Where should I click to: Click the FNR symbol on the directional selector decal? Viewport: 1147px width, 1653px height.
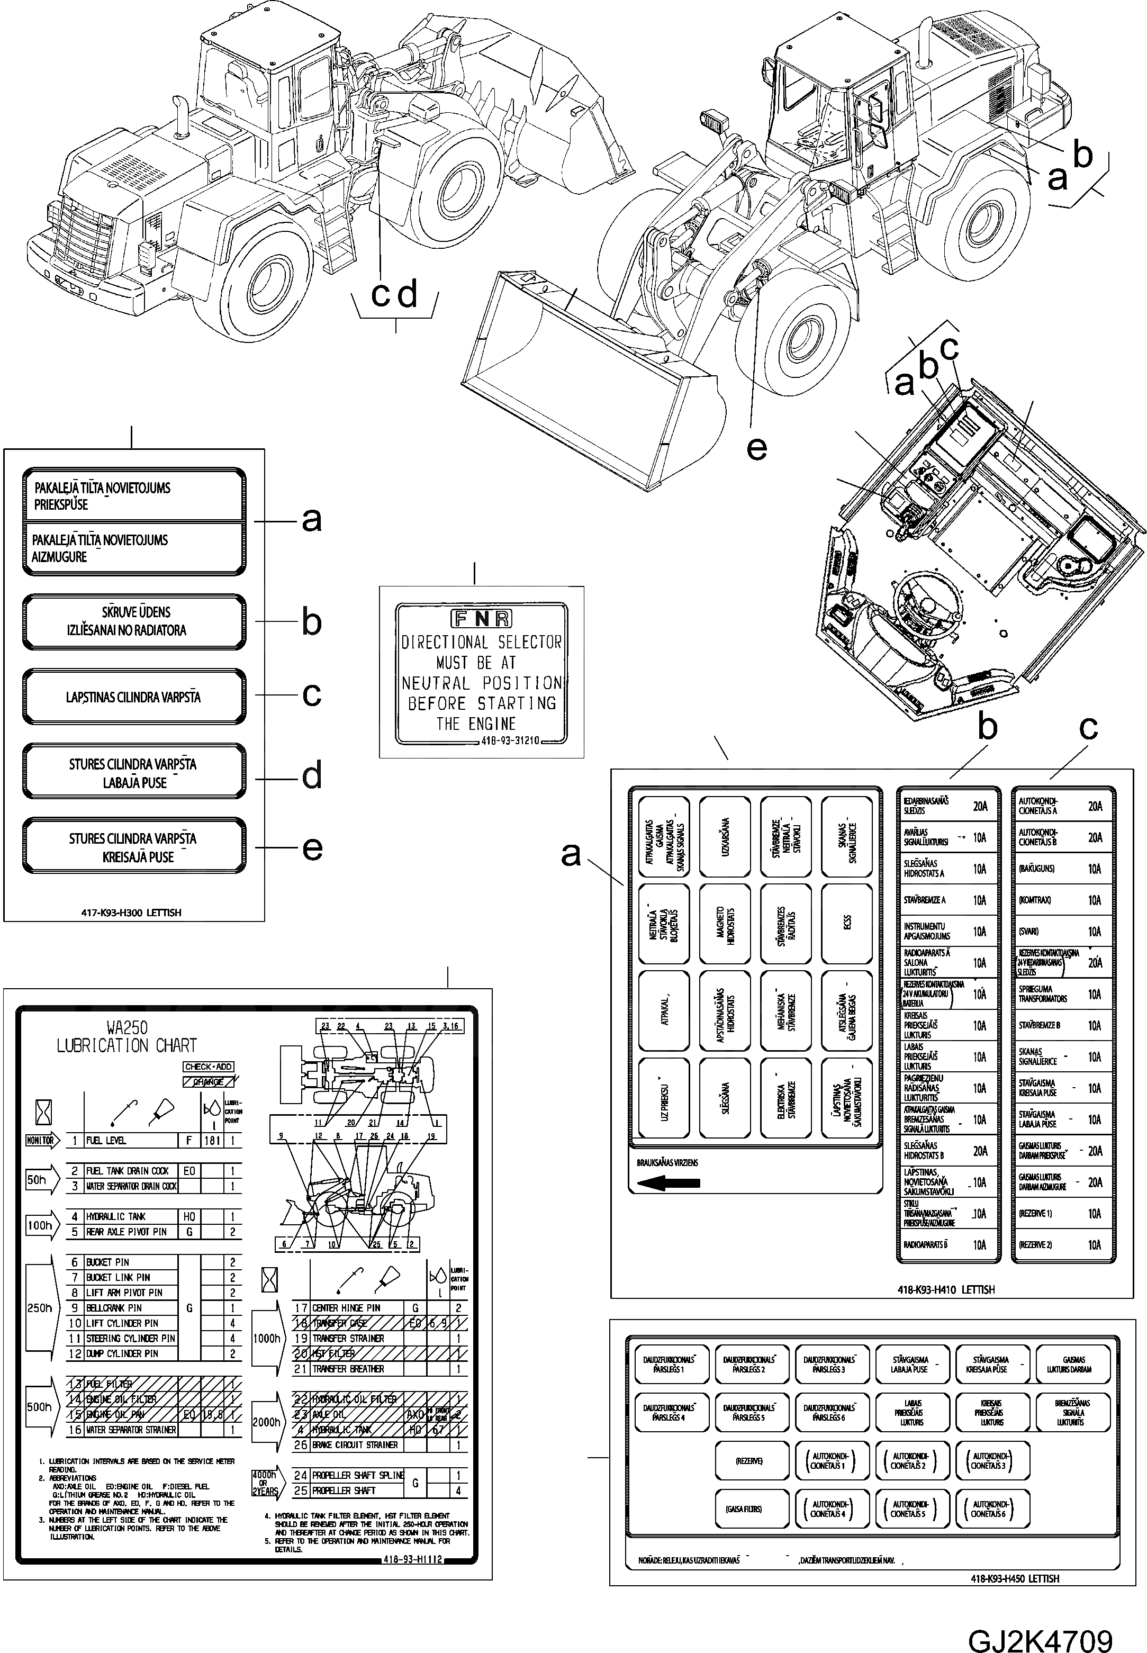coord(481,619)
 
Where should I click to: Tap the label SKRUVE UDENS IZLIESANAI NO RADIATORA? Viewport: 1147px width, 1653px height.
coord(134,621)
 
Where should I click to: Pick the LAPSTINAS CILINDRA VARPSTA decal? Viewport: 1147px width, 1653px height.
coord(134,697)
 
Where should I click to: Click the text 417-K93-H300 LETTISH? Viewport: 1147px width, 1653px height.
coord(131,912)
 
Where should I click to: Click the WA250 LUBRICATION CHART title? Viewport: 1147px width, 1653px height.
coord(127,1036)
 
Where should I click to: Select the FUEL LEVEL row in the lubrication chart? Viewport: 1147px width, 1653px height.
coord(129,1140)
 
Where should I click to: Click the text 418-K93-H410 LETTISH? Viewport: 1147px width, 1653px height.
coord(946,1289)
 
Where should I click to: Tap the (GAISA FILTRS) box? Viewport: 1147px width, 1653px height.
coord(749,1509)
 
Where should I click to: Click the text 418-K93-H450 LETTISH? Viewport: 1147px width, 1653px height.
coord(1014,1578)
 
